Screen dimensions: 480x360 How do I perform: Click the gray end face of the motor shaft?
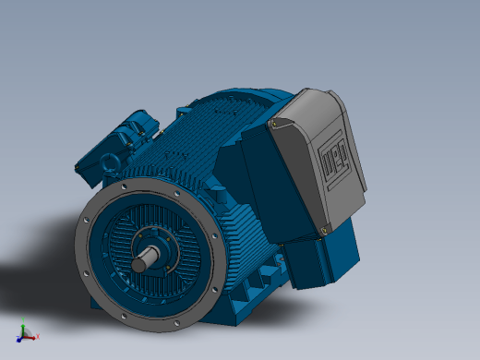138,265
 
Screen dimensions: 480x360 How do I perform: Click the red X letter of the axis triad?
38,336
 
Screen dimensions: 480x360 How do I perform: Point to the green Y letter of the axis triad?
23,320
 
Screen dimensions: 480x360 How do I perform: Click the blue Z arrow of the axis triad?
19,340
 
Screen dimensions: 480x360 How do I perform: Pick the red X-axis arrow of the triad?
30,338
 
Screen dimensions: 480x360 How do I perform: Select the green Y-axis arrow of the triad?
23,330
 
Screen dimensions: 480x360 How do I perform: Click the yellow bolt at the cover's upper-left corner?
274,124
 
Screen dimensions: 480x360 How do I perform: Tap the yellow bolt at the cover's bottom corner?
324,230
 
